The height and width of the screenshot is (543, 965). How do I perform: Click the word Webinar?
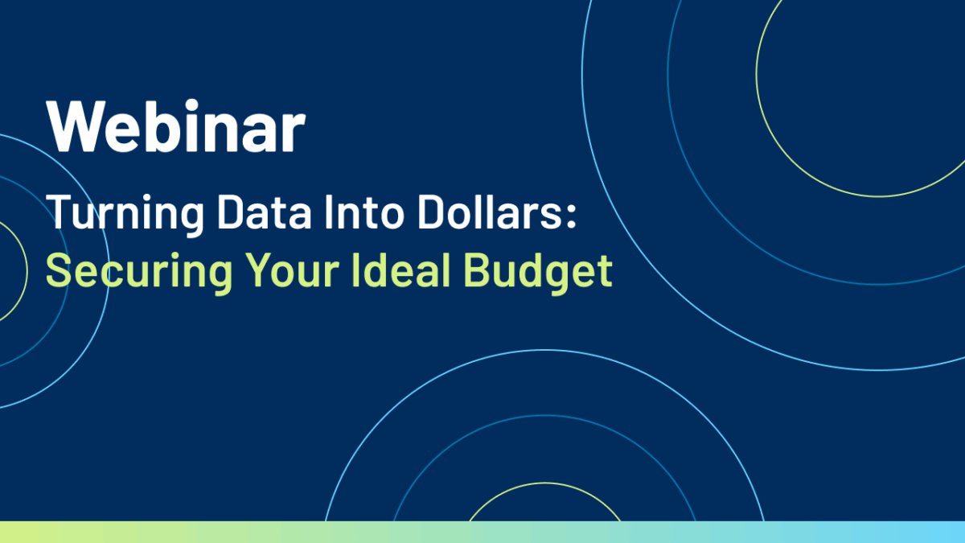pos(176,125)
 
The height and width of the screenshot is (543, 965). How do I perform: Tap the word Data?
pos(264,211)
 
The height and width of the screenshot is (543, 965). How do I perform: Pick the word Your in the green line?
pos(292,269)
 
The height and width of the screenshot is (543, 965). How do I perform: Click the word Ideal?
pos(401,269)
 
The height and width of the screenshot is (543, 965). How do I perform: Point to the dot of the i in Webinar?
pos(191,106)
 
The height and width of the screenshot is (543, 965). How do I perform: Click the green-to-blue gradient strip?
pos(482,533)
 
